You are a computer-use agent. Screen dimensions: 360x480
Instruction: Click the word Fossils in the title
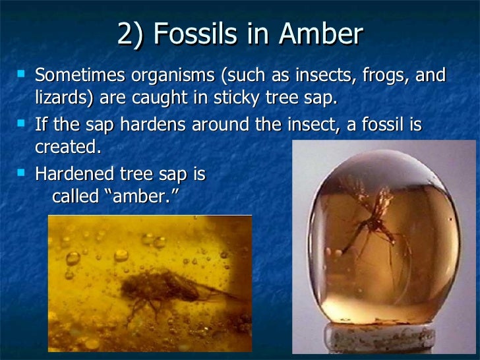(x=197, y=34)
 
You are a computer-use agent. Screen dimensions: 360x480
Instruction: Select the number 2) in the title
(x=132, y=34)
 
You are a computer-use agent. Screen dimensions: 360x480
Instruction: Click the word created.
(x=69, y=148)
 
